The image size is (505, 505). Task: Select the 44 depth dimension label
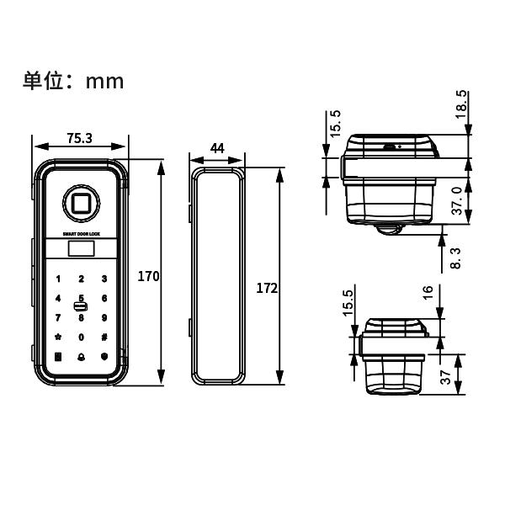coord(216,148)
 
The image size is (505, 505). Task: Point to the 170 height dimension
coord(149,276)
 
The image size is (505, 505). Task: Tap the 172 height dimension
coord(266,288)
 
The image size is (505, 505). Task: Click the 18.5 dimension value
coord(460,105)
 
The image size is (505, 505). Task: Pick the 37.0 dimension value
coord(457,201)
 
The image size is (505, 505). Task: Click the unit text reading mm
coord(104,81)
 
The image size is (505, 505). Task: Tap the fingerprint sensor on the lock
coord(81,202)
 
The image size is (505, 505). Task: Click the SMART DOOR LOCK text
coord(81,233)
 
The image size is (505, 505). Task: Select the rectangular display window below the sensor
coord(81,248)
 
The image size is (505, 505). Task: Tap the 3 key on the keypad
coord(104,279)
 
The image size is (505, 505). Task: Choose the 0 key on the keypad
coord(81,338)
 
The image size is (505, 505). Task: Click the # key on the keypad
coord(104,338)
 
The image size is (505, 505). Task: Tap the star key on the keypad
coord(58,338)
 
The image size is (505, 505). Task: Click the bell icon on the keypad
coord(81,357)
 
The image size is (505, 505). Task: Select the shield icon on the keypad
coord(104,357)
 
